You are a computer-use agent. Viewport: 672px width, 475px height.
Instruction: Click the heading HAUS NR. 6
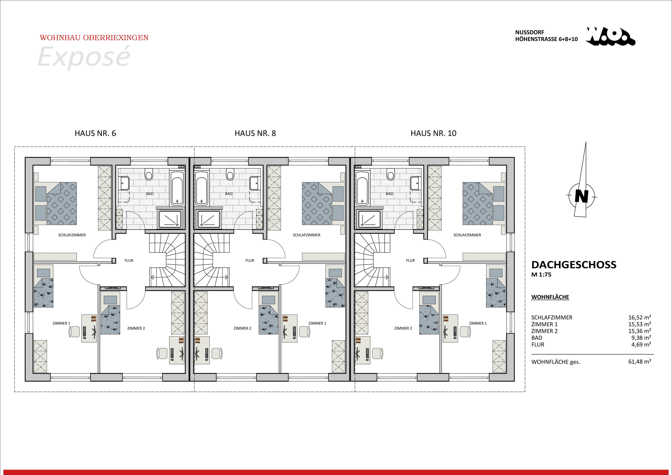[x=95, y=133]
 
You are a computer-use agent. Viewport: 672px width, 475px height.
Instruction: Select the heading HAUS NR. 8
[x=255, y=133]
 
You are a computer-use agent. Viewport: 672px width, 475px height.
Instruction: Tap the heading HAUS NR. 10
[x=433, y=133]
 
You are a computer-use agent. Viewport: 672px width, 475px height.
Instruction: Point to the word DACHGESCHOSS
[x=574, y=265]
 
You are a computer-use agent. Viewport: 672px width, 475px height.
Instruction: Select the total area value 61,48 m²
[x=639, y=362]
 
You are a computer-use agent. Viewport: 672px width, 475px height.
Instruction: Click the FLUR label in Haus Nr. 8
[x=250, y=260]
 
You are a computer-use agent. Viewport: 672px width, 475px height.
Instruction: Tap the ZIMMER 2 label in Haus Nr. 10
[x=403, y=328]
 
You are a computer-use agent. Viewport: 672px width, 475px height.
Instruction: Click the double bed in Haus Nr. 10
[x=484, y=204]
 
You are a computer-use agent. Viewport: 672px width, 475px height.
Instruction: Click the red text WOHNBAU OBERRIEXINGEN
[x=94, y=38]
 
